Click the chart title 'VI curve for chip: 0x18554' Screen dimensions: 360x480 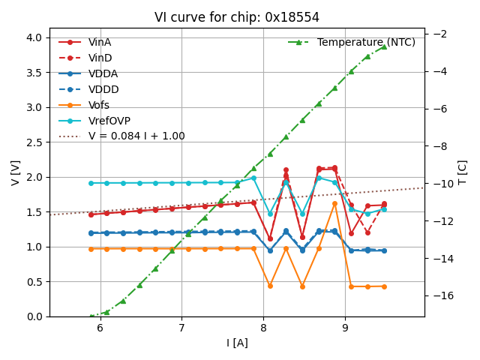[236, 17]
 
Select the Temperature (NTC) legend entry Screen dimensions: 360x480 [366, 43]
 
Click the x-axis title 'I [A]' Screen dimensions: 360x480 [236, 343]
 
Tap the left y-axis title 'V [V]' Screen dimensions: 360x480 [16, 172]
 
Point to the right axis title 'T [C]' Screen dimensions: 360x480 [462, 172]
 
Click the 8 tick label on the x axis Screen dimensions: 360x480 [263, 328]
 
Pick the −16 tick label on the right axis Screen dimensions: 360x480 [441, 295]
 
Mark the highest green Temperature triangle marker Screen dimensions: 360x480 [384, 46]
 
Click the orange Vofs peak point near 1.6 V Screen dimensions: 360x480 [334, 204]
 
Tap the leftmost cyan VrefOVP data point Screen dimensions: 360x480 [91, 183]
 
